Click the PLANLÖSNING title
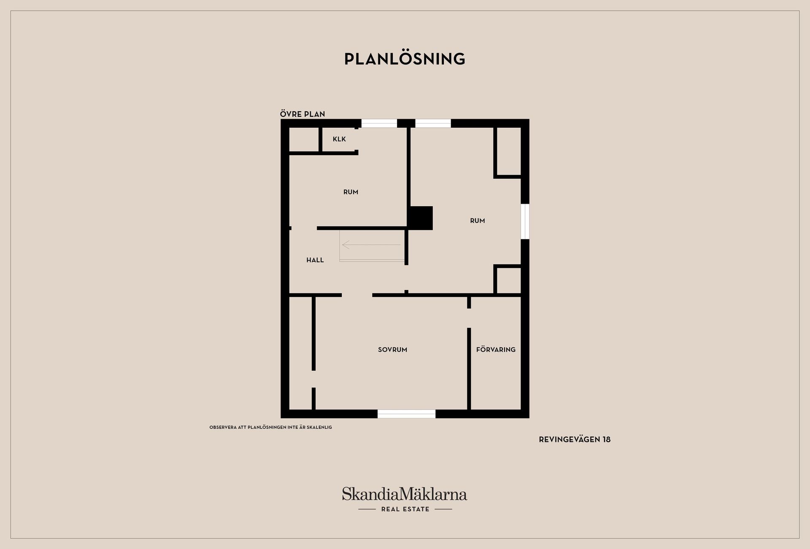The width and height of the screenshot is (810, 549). coord(405,59)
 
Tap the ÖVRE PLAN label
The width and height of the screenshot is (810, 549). coord(302,114)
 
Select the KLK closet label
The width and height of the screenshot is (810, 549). coord(339,139)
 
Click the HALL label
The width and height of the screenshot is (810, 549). coord(315,260)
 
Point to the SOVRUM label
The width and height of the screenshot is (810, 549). coord(392,350)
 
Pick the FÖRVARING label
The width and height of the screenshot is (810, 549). coord(496,350)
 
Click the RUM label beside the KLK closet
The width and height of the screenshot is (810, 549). coord(351,192)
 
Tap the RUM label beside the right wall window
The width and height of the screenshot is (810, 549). coord(478,221)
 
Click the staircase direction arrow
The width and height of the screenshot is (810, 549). coord(371,245)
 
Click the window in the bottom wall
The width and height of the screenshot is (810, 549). coord(406,414)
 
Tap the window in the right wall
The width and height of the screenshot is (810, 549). coord(525,221)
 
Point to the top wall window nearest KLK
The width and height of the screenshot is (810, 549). coord(379,123)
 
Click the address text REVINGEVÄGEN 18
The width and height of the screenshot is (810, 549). coord(575,439)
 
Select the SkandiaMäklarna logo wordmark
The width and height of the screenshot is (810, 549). coord(405,494)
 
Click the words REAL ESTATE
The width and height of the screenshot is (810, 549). coord(405,509)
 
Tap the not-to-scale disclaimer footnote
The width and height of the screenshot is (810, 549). coord(271,427)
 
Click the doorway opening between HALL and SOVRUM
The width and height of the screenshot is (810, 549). coord(357,295)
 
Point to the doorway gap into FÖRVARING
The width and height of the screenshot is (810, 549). coord(469,318)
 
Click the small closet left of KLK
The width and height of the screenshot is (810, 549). coord(304,139)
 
